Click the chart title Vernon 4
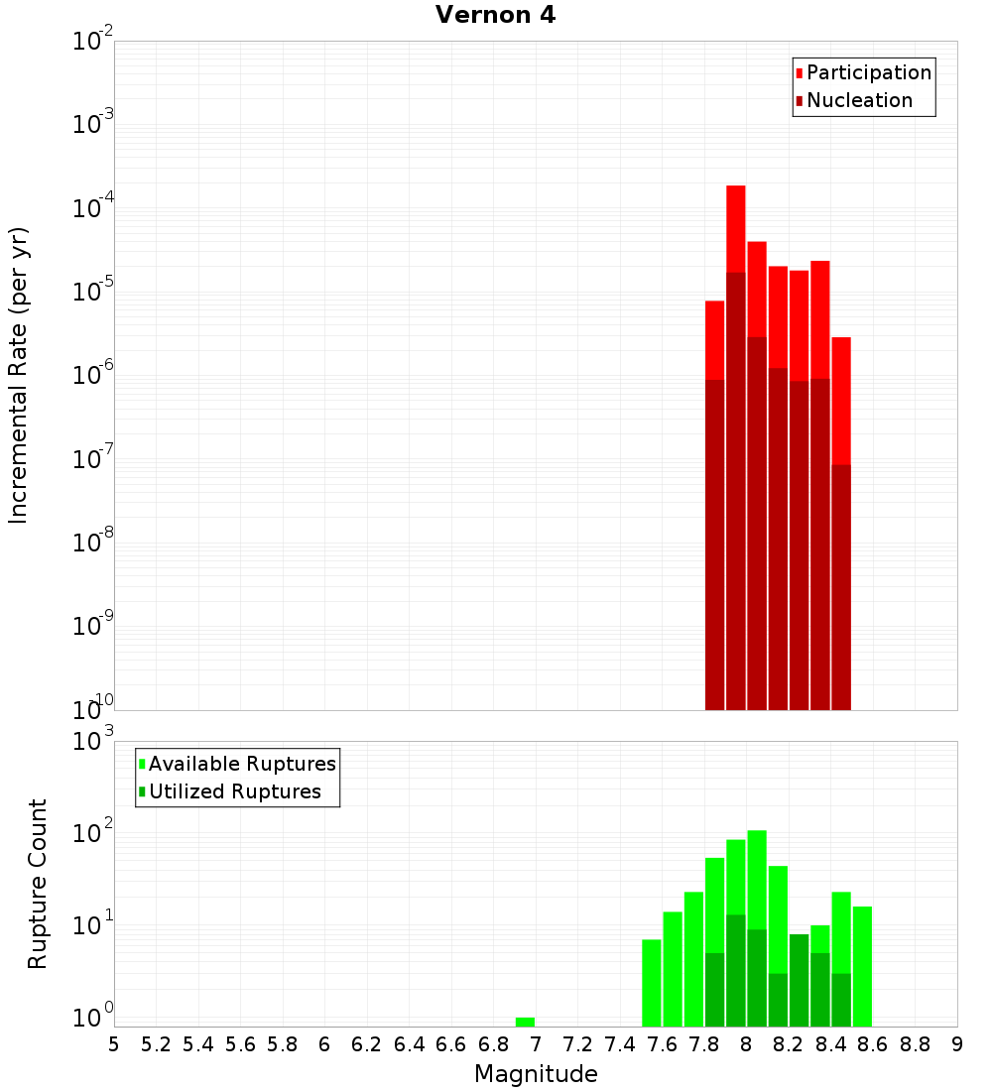point(495,15)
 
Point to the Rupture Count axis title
point(38,883)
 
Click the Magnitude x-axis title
point(536,1074)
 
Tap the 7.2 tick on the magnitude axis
point(577,1044)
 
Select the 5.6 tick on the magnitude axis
point(240,1044)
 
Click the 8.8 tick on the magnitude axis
point(915,1044)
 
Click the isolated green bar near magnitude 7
point(525,1022)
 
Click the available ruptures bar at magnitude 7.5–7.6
point(651,982)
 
